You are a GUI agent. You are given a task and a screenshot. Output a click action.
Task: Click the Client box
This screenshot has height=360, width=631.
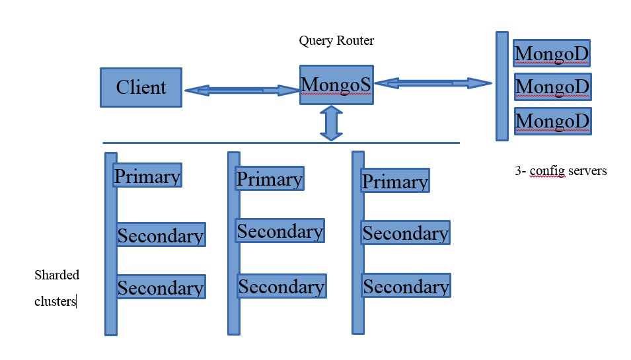coord(141,87)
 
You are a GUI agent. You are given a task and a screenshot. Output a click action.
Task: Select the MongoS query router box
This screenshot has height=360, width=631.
coord(336,85)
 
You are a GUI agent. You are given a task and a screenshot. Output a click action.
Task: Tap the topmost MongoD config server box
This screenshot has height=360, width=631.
coord(552,54)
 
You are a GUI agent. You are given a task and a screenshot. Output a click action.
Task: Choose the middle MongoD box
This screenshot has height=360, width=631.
coord(552,87)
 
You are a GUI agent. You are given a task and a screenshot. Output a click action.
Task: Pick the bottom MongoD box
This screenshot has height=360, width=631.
coord(552,121)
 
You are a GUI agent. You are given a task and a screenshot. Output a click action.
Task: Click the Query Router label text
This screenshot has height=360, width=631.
coord(336,41)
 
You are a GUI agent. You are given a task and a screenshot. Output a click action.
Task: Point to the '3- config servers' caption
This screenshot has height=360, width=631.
coord(560,170)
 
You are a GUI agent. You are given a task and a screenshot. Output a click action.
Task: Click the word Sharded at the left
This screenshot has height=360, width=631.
coord(57,275)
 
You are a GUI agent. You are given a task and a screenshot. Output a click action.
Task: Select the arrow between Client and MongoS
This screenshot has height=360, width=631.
coord(241,90)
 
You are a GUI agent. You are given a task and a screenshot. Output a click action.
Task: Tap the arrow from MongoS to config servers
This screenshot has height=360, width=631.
coord(433,83)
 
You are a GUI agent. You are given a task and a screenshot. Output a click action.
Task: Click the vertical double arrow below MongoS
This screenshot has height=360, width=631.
coord(331,124)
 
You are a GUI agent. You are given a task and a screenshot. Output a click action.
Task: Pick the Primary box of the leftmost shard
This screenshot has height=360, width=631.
coord(147,176)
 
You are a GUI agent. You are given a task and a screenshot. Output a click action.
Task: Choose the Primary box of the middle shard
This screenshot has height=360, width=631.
coord(270,178)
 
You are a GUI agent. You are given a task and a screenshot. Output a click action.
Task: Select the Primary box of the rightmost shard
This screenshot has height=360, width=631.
coord(395,181)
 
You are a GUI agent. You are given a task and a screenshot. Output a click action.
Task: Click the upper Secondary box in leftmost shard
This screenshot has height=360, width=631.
coord(161,235)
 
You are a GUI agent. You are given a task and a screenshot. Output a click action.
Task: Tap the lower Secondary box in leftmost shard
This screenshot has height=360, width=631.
coord(161,287)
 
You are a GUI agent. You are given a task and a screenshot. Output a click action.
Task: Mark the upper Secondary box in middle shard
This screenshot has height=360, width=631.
coord(280,231)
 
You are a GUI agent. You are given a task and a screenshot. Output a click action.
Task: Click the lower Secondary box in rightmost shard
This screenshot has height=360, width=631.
coord(406,285)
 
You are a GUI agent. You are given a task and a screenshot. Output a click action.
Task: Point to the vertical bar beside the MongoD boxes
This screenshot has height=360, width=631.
coord(502,86)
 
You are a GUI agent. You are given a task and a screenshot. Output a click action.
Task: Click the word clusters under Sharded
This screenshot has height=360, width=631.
coord(56,301)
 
